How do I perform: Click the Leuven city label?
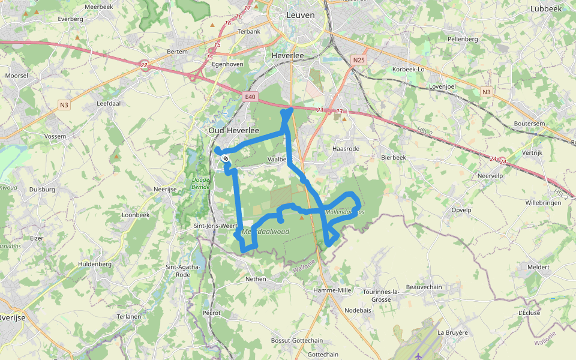click(300, 15)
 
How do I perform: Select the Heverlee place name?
click(288, 55)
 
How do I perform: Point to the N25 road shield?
click(359, 60)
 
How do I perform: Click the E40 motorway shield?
click(250, 97)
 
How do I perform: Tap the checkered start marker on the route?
click(225, 158)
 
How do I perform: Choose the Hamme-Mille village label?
click(332, 290)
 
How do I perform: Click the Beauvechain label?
click(424, 287)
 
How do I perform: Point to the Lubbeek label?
click(545, 9)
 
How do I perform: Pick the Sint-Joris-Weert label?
click(216, 226)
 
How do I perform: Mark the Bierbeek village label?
click(394, 158)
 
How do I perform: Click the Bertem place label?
click(177, 52)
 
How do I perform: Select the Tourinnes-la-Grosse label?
click(377, 295)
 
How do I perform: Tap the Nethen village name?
click(256, 279)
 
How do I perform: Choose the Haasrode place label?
click(346, 148)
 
